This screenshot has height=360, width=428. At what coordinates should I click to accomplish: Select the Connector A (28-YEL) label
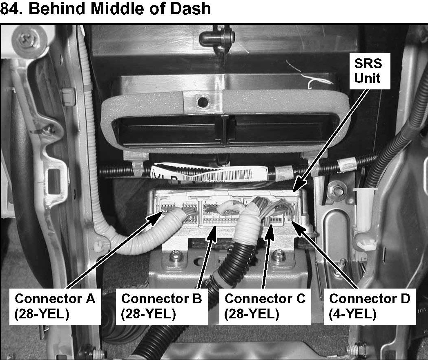click(x=55, y=306)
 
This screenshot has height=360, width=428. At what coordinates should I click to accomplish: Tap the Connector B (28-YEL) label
click(x=161, y=306)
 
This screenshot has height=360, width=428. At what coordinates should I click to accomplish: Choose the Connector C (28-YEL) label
click(x=265, y=306)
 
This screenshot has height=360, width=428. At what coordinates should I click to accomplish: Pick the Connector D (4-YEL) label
click(x=369, y=306)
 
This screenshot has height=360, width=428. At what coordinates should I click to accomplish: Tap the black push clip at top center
click(x=217, y=39)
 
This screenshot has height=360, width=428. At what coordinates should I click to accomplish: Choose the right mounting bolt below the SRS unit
click(x=279, y=256)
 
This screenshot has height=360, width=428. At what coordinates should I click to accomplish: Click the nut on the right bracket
click(x=337, y=190)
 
